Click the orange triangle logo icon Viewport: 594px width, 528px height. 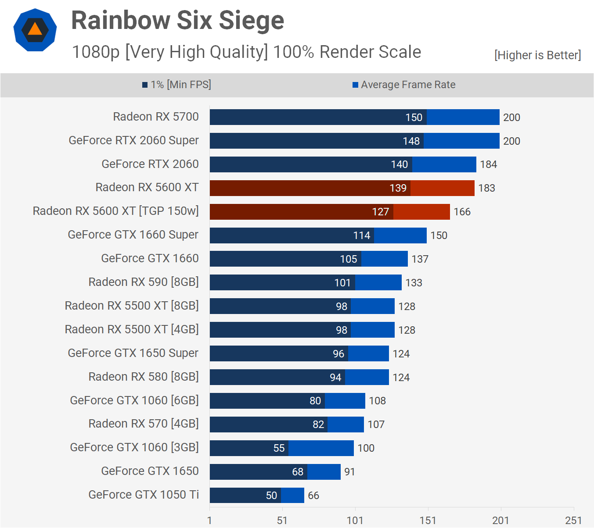coord(35,30)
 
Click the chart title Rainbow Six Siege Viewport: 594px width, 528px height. coord(177,21)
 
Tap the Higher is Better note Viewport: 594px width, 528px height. coord(537,55)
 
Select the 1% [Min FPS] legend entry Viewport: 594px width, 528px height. coord(176,85)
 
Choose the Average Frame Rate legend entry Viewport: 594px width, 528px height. coord(404,85)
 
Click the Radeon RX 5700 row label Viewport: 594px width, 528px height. coord(156,117)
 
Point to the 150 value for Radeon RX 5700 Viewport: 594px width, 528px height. coord(414,118)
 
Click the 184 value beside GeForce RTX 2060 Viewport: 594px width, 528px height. coord(488,164)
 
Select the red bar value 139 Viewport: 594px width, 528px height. coord(398,188)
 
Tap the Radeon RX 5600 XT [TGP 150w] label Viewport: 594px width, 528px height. coord(116,211)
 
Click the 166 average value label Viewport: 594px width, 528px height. coord(462,212)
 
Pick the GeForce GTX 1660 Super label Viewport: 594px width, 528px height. coord(133,235)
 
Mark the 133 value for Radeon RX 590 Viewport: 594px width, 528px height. coord(414,283)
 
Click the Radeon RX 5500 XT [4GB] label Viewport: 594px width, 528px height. coord(132,329)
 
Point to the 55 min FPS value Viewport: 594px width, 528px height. coord(279,448)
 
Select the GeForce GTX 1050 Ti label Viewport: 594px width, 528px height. coord(144,495)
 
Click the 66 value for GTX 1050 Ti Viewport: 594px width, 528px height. coord(313,496)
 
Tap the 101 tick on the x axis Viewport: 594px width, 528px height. coord(355,521)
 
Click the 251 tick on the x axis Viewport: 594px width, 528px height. coord(573,521)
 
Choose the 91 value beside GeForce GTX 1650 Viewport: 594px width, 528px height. coord(349,472)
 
